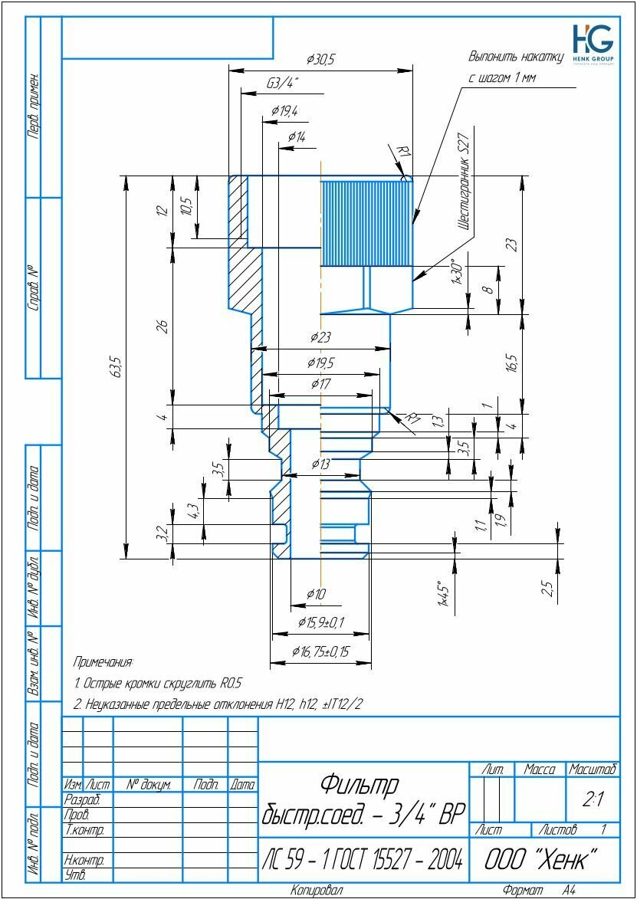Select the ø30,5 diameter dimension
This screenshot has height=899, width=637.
coord(321,59)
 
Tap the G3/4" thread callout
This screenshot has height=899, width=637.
coord(283,83)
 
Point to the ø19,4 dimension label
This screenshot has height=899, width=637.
coord(284,111)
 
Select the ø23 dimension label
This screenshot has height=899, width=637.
coord(320,337)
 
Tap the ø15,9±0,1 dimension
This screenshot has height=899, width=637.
coord(321,622)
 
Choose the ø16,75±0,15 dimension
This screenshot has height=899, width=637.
coord(320,651)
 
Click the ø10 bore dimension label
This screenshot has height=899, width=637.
coord(316,594)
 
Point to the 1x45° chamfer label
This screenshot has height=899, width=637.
coord(442,593)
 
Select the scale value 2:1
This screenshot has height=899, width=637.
coord(593,800)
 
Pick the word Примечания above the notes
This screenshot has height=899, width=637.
coord(103,661)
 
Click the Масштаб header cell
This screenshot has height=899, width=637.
coord(593,769)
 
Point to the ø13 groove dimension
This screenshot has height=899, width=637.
coord(321,464)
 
